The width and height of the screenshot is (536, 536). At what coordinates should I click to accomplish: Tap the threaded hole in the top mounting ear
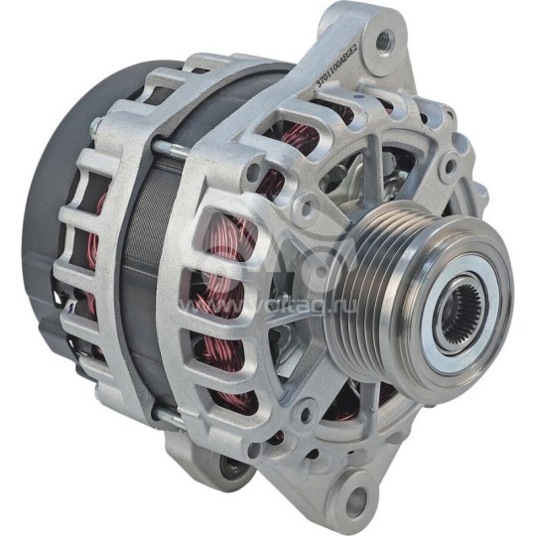coord(382,41)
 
